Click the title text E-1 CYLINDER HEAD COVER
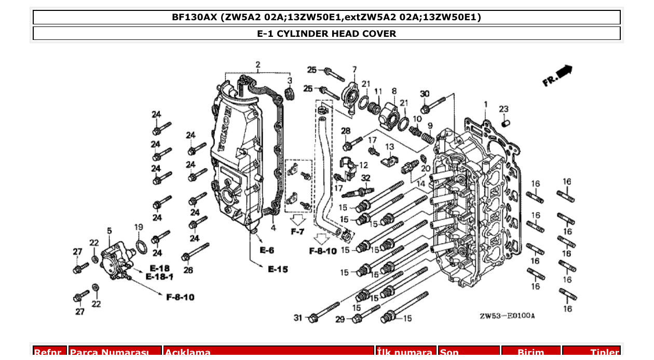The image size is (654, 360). pyautogui.click(x=326, y=34)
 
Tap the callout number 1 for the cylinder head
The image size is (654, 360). pyautogui.click(x=486, y=104)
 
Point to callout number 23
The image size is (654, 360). pyautogui.click(x=503, y=109)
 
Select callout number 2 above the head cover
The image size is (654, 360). pyautogui.click(x=258, y=65)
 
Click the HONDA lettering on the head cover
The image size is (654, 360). pyautogui.click(x=223, y=129)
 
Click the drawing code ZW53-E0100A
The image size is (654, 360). pyautogui.click(x=507, y=316)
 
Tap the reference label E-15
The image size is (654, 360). pyautogui.click(x=278, y=269)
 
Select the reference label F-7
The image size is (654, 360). pyautogui.click(x=297, y=232)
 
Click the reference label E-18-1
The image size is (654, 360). pyautogui.click(x=160, y=278)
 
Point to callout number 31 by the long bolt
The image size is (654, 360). pyautogui.click(x=297, y=317)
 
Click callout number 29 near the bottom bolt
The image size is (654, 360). pyautogui.click(x=340, y=320)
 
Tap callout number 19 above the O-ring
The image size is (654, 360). pyautogui.click(x=139, y=227)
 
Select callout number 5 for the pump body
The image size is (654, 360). pyautogui.click(x=110, y=231)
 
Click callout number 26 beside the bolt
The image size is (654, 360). pyautogui.click(x=188, y=270)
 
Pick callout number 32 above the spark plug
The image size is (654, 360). pyautogui.click(x=366, y=178)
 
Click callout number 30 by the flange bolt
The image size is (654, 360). pyautogui.click(x=425, y=94)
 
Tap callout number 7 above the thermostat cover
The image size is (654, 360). pyautogui.click(x=355, y=70)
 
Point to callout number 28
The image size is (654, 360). pyautogui.click(x=346, y=131)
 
